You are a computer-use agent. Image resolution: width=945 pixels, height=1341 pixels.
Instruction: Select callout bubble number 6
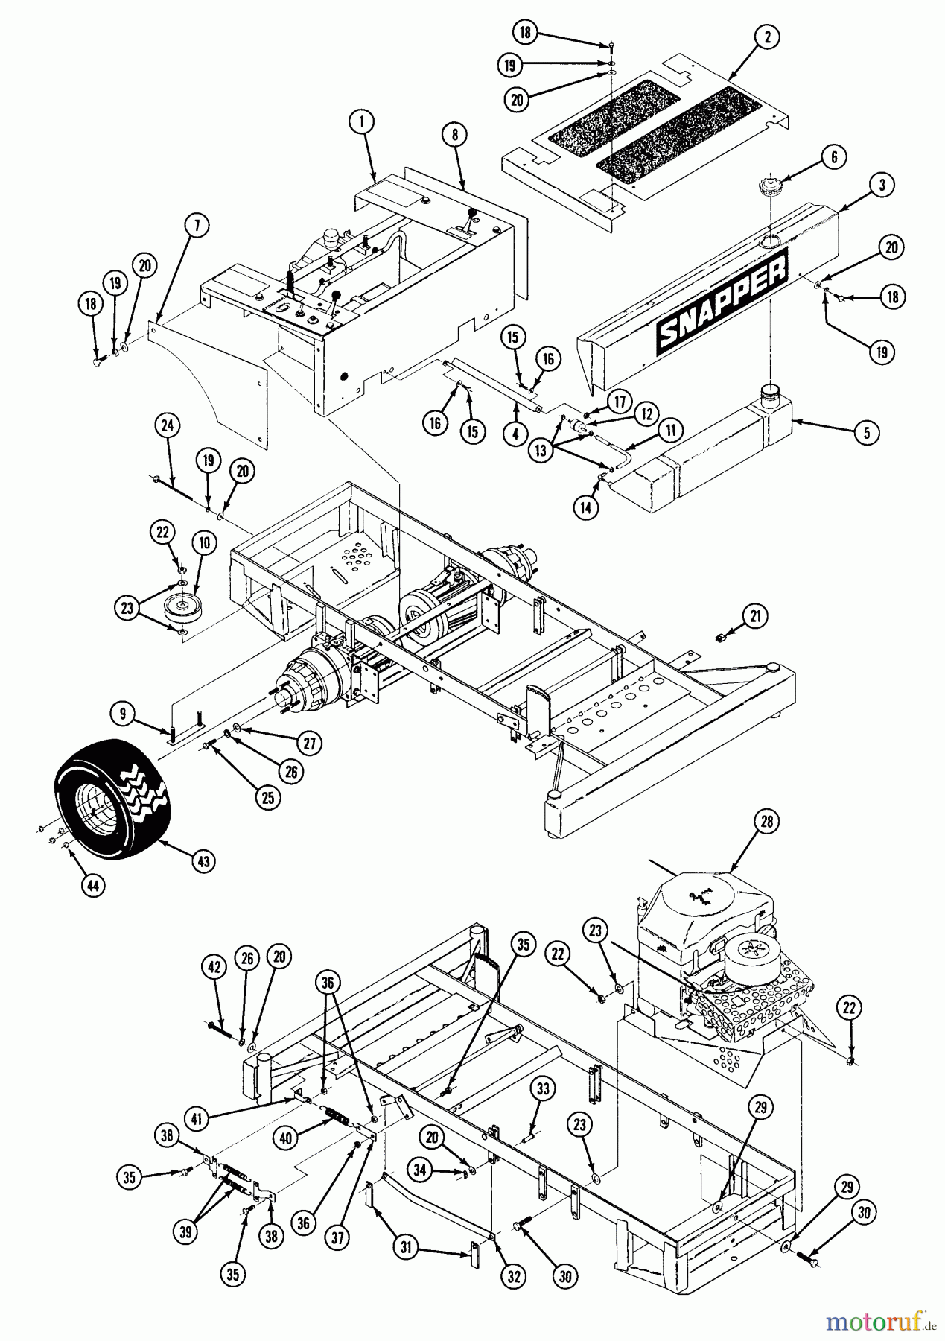(833, 157)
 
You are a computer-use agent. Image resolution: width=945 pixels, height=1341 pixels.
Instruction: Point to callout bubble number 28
(767, 822)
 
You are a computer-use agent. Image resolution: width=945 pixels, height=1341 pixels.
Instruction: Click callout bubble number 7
(198, 226)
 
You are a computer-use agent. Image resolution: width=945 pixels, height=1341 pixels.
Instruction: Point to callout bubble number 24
(168, 426)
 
